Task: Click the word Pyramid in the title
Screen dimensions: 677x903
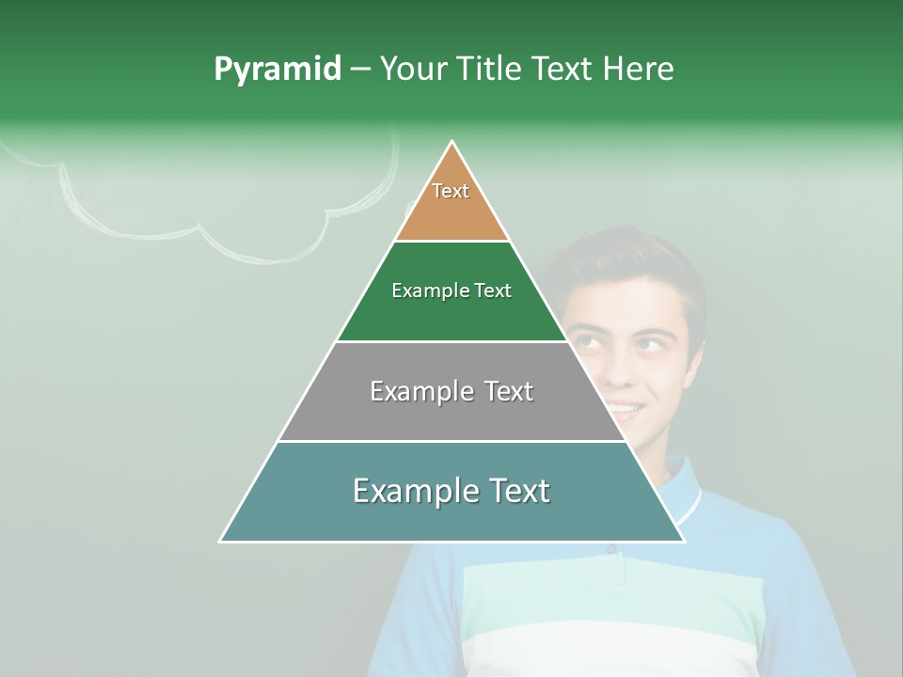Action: (x=277, y=70)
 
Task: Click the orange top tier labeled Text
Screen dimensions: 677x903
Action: (x=451, y=202)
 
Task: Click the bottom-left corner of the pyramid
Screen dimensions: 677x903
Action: (x=223, y=540)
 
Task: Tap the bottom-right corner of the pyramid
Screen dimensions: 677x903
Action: (x=682, y=540)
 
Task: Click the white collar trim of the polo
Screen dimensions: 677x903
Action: (x=694, y=503)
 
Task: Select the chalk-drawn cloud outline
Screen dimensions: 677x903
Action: (x=226, y=240)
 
